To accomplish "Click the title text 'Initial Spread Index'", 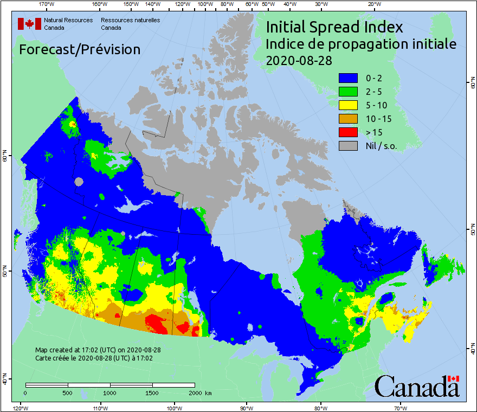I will tap(334, 27).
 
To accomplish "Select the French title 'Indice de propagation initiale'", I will tap(361, 44).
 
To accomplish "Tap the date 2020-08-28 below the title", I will tap(299, 60).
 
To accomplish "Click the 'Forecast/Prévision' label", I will tap(80, 49).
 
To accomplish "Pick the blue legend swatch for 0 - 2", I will tap(348, 78).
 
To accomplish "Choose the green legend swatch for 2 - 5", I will tap(348, 92).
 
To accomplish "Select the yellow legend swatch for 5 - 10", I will tap(348, 105).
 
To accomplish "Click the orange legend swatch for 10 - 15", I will tap(348, 119).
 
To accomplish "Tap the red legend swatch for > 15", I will tap(348, 132).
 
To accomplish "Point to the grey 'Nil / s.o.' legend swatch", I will tap(348, 145).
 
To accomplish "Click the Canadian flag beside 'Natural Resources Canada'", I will tap(29, 24).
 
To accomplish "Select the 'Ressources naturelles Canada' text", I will tap(130, 24).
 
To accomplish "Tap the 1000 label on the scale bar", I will tap(110, 392).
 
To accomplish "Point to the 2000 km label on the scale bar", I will tap(199, 392).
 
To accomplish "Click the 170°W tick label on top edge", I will tap(47, 4).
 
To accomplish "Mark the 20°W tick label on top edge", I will tap(373, 4).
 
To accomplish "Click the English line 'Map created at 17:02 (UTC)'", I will tap(98, 350).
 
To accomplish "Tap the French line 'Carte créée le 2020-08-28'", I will tap(94, 358).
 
